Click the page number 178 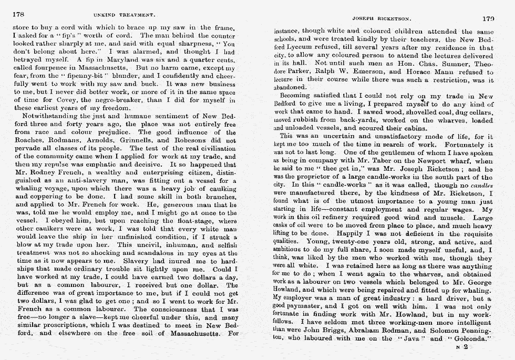tap(20, 15)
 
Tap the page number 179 tap(488, 18)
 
